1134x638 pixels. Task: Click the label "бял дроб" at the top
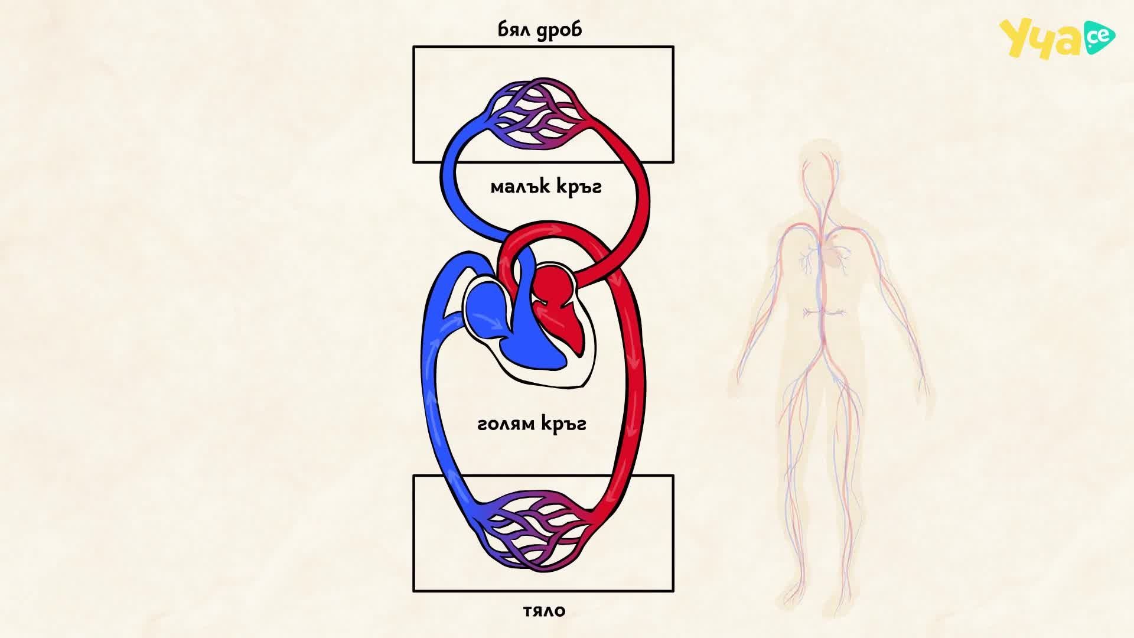click(x=540, y=30)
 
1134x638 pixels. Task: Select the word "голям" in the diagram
click(x=506, y=424)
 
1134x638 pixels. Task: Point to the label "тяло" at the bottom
click(x=544, y=610)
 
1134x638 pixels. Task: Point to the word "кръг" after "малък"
click(x=578, y=188)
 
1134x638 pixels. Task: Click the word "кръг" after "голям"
click(x=563, y=425)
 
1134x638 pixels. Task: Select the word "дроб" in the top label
click(x=560, y=30)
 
